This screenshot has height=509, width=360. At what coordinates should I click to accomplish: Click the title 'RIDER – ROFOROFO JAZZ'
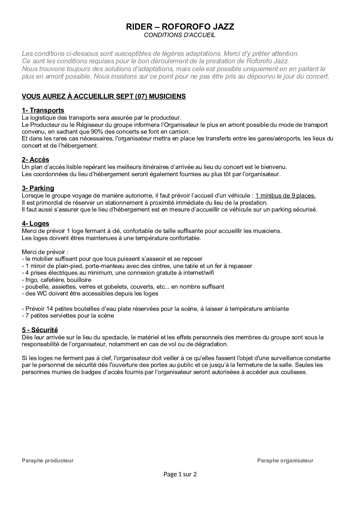(x=180, y=27)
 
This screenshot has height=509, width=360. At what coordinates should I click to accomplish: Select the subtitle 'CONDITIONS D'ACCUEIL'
(x=180, y=35)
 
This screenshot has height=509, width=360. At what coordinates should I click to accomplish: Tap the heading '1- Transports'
(x=43, y=111)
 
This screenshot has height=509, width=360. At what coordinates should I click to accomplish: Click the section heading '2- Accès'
(x=35, y=159)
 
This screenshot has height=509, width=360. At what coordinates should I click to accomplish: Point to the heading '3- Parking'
(x=38, y=188)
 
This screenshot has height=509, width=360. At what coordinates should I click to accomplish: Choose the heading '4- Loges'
(x=35, y=223)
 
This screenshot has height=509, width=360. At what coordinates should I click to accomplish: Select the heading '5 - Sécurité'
(x=40, y=330)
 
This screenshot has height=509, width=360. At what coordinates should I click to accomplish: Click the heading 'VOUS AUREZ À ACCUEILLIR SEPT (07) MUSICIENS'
(x=104, y=97)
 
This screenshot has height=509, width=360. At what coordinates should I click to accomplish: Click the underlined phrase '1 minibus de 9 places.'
(x=285, y=196)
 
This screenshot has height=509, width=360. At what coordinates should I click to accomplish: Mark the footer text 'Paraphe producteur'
(x=48, y=461)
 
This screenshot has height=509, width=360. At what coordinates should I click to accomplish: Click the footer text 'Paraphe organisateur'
(x=285, y=461)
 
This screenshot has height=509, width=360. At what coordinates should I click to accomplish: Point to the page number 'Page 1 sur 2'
(x=180, y=474)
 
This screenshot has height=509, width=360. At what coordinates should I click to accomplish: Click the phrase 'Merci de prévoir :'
(x=45, y=252)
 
